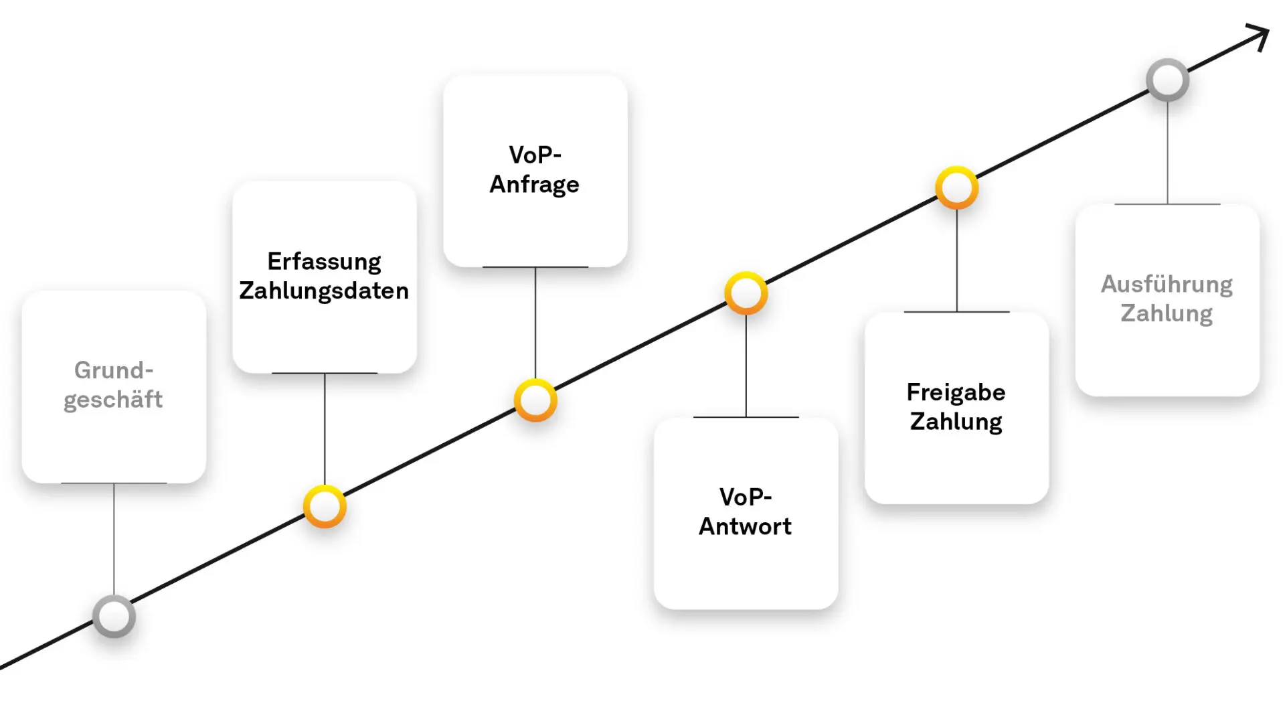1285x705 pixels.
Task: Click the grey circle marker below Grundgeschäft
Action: [x=114, y=616]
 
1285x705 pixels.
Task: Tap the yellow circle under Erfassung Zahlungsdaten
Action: [x=325, y=507]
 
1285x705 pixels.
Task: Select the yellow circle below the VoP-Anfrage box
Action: [x=535, y=400]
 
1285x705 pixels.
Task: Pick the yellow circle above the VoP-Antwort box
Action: [x=746, y=293]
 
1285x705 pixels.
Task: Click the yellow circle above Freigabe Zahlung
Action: [x=956, y=187]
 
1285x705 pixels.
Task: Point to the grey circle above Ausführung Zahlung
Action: [x=1167, y=80]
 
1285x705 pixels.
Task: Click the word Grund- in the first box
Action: [x=114, y=370]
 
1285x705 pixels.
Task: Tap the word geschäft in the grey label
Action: [x=113, y=400]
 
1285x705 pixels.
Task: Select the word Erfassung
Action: [x=324, y=261]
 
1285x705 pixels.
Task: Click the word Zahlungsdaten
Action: [x=324, y=291]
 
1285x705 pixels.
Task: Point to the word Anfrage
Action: [x=534, y=184]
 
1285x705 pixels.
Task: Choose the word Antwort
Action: [x=745, y=526]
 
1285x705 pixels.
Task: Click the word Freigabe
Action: [x=956, y=392]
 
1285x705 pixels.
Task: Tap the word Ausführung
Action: [x=1167, y=285]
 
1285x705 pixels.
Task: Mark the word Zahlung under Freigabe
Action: [x=956, y=422]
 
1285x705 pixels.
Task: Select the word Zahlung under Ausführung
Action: [x=1167, y=313]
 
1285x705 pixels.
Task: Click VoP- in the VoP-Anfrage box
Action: [x=535, y=155]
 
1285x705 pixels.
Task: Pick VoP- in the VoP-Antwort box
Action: [x=746, y=497]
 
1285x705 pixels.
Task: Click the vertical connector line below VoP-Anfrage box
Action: [x=535, y=321]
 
